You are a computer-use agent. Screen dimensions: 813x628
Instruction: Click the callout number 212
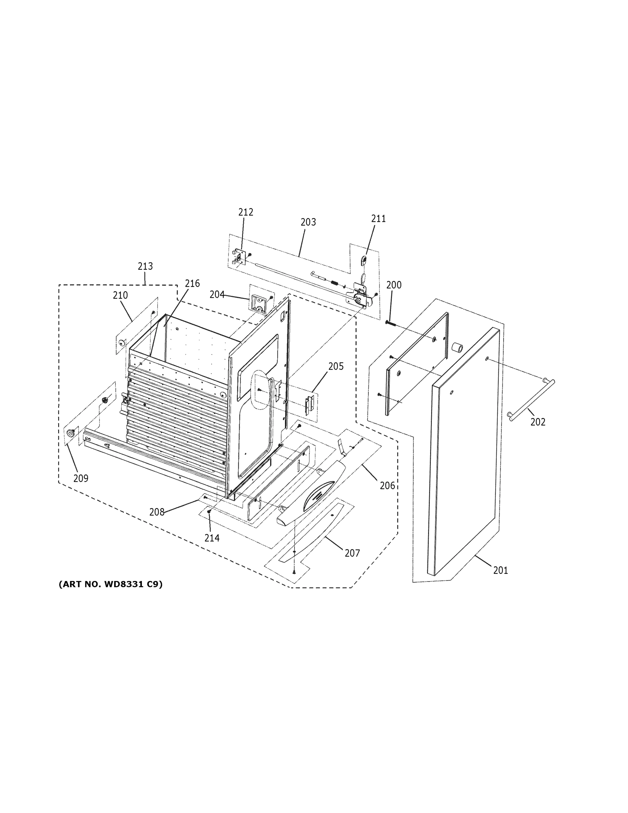point(245,212)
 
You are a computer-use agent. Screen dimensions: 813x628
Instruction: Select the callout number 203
point(308,222)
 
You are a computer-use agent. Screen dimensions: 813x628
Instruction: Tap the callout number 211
point(378,219)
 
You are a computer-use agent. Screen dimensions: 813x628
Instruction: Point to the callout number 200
point(394,285)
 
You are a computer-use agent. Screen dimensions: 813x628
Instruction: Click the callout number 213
point(145,267)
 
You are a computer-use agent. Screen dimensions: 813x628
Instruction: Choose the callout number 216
point(192,284)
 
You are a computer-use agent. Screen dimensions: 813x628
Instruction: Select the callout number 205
point(335,367)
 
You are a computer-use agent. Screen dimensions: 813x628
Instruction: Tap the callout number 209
point(81,479)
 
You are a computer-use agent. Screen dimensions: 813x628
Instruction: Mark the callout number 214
point(212,538)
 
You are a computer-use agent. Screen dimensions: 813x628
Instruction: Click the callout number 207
point(352,553)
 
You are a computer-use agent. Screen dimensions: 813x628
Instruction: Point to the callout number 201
point(500,570)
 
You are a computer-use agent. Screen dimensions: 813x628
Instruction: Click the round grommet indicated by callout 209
point(70,433)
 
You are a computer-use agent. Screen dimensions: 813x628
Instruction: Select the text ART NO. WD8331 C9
point(110,584)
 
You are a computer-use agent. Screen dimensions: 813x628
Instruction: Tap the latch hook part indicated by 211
point(364,259)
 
